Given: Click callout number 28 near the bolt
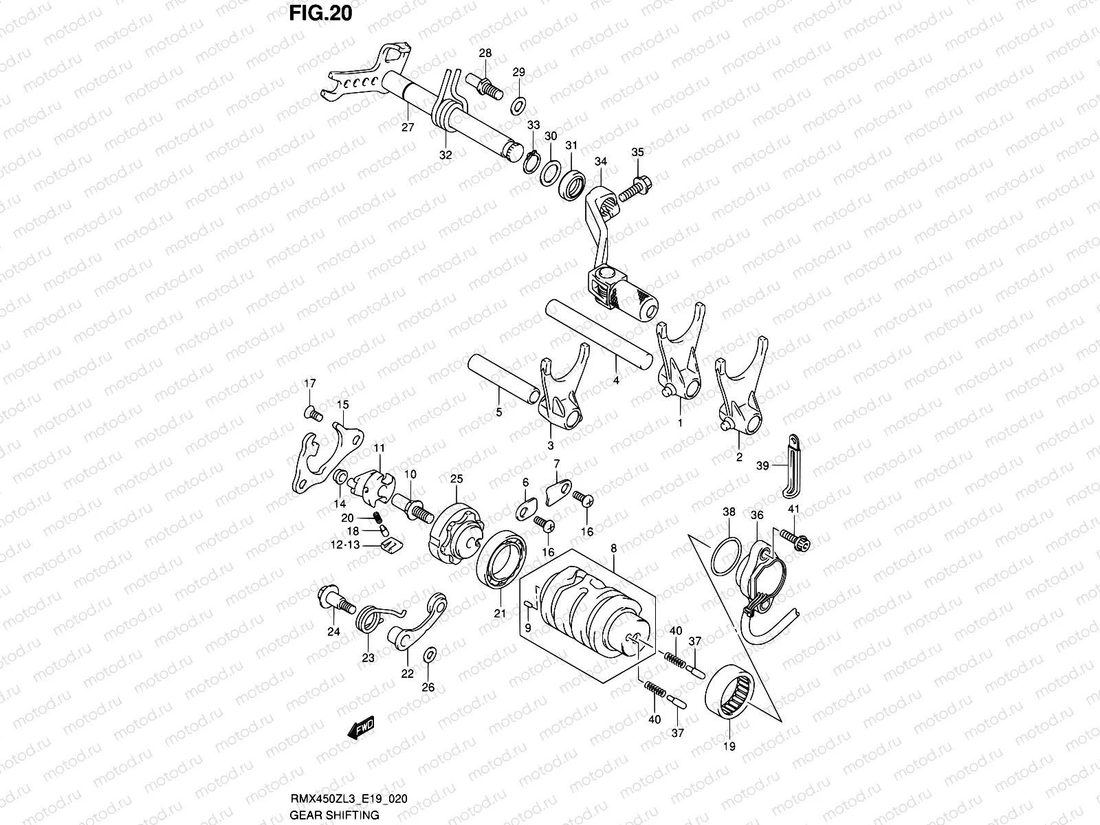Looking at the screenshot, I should pos(485,53).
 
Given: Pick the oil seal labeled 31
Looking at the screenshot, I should pos(572,186).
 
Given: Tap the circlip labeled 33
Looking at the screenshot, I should pos(531,162).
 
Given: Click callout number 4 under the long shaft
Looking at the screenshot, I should pos(616,380).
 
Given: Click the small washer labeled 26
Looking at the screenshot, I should pos(429,653).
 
